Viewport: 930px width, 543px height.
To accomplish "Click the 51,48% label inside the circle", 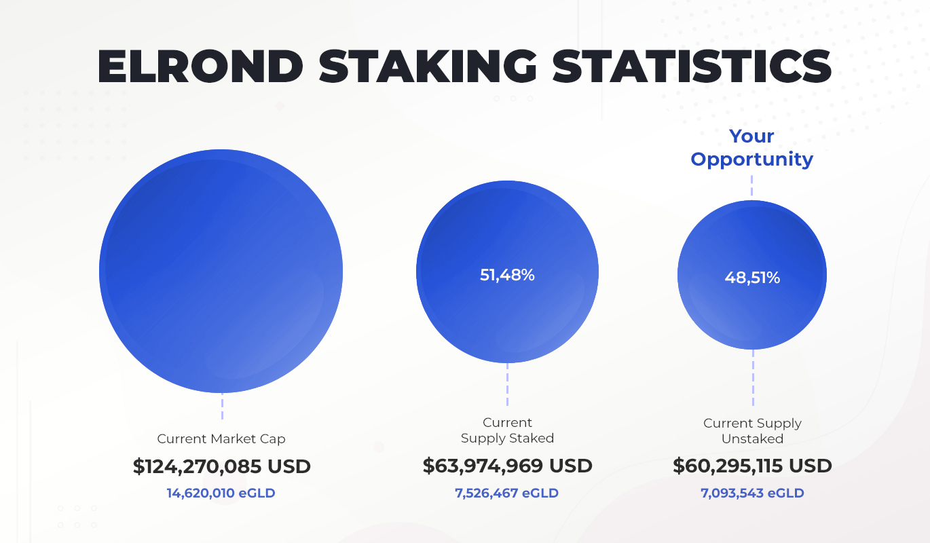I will pyautogui.click(x=507, y=275).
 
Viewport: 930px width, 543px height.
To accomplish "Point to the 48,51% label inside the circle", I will pyautogui.click(x=752, y=277).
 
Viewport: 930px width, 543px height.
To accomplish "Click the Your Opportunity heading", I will pyautogui.click(x=751, y=148).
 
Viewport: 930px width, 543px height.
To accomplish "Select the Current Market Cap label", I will pyautogui.click(x=221, y=438).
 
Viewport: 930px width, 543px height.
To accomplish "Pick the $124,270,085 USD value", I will pyautogui.click(x=221, y=466).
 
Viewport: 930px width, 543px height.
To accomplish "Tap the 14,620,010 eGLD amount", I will pyautogui.click(x=221, y=493).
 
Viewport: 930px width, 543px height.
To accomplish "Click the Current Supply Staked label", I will pyautogui.click(x=507, y=430).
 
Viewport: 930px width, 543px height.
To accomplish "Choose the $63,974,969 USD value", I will pyautogui.click(x=507, y=466).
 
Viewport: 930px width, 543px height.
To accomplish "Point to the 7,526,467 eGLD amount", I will pyautogui.click(x=507, y=493).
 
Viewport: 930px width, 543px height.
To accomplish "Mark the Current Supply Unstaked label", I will pyautogui.click(x=752, y=431).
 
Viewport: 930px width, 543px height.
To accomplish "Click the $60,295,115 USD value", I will pyautogui.click(x=752, y=466).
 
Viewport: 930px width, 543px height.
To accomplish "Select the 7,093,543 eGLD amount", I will pyautogui.click(x=752, y=493).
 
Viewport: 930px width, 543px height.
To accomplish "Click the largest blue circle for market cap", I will pyautogui.click(x=221, y=271).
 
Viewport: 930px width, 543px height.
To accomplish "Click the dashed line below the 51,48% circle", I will pyautogui.click(x=507, y=384).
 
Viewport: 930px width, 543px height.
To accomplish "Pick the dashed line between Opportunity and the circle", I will pyautogui.click(x=751, y=185).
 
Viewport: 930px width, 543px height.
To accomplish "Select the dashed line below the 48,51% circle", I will pyautogui.click(x=752, y=378).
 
